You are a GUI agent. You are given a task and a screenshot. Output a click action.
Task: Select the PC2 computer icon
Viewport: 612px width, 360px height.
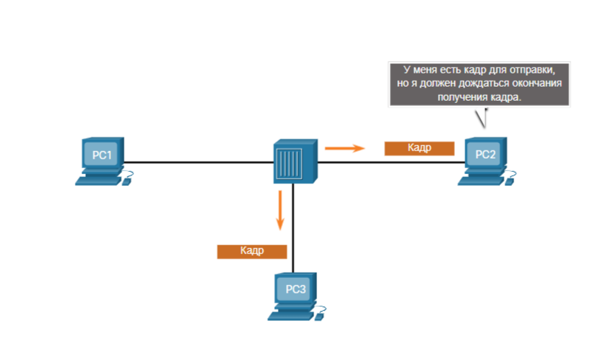tap(485, 156)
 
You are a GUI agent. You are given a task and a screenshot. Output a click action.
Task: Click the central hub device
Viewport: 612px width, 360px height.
tap(294, 160)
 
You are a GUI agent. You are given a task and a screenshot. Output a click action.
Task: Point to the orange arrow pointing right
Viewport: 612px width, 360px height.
tap(345, 147)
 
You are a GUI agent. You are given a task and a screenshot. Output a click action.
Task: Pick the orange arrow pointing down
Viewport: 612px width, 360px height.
tap(281, 210)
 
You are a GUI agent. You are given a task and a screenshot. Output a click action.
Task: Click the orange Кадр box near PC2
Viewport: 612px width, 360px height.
tap(419, 148)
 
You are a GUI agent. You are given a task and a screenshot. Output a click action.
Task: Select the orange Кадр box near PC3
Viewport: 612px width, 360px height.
tap(251, 251)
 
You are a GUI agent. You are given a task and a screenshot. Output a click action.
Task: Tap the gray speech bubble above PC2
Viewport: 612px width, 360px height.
tap(480, 84)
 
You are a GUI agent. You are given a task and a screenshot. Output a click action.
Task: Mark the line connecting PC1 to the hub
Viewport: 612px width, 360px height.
tap(196, 161)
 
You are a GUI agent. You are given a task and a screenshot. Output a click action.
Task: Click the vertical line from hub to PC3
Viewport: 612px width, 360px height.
tap(294, 230)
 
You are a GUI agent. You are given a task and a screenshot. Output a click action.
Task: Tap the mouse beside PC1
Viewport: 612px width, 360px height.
tap(127, 179)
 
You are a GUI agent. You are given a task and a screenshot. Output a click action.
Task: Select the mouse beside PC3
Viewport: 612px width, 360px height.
tap(321, 314)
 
